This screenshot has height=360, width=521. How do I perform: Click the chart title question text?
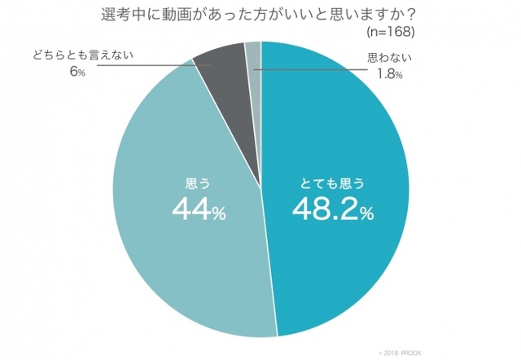(x=260, y=14)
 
